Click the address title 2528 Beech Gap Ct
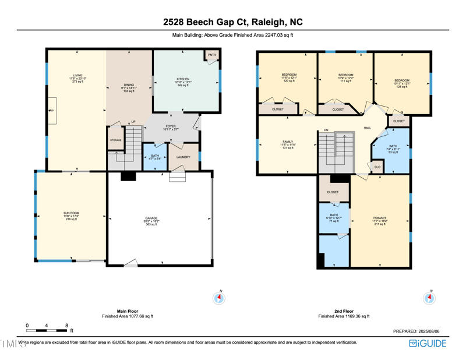click(233, 23)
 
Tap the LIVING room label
click(77, 76)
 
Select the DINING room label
click(128, 85)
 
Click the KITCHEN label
click(183, 79)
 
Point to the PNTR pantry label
click(212, 55)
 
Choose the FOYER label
click(171, 126)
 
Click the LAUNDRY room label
click(183, 157)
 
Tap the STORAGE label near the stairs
click(116, 140)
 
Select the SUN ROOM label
click(71, 214)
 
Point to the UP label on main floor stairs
click(133, 122)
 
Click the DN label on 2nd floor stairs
click(326, 130)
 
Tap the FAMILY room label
click(288, 142)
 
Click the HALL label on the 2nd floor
click(367, 128)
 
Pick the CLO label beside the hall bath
click(377, 167)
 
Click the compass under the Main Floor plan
click(219, 298)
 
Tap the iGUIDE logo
click(428, 343)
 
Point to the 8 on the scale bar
click(67, 326)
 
